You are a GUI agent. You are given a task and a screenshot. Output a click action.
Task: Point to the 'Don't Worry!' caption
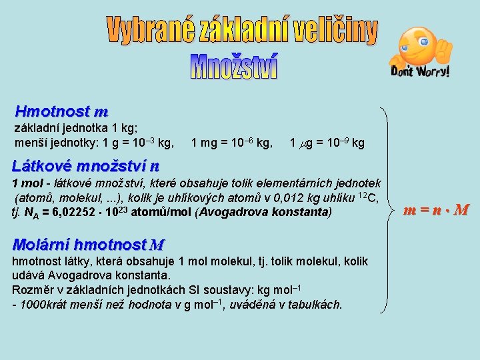tap(419, 71)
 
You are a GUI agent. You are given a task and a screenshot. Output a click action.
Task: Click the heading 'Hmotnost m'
tap(61, 111)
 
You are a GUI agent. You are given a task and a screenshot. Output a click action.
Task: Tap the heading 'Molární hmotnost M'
tap(89, 245)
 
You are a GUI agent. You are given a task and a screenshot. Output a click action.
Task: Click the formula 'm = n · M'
tap(437, 211)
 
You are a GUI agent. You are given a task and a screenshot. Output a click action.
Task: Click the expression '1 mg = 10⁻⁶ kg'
tap(231, 143)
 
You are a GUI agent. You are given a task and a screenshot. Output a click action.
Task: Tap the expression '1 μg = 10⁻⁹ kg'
tap(327, 143)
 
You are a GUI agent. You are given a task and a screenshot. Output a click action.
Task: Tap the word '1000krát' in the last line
tap(42, 305)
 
